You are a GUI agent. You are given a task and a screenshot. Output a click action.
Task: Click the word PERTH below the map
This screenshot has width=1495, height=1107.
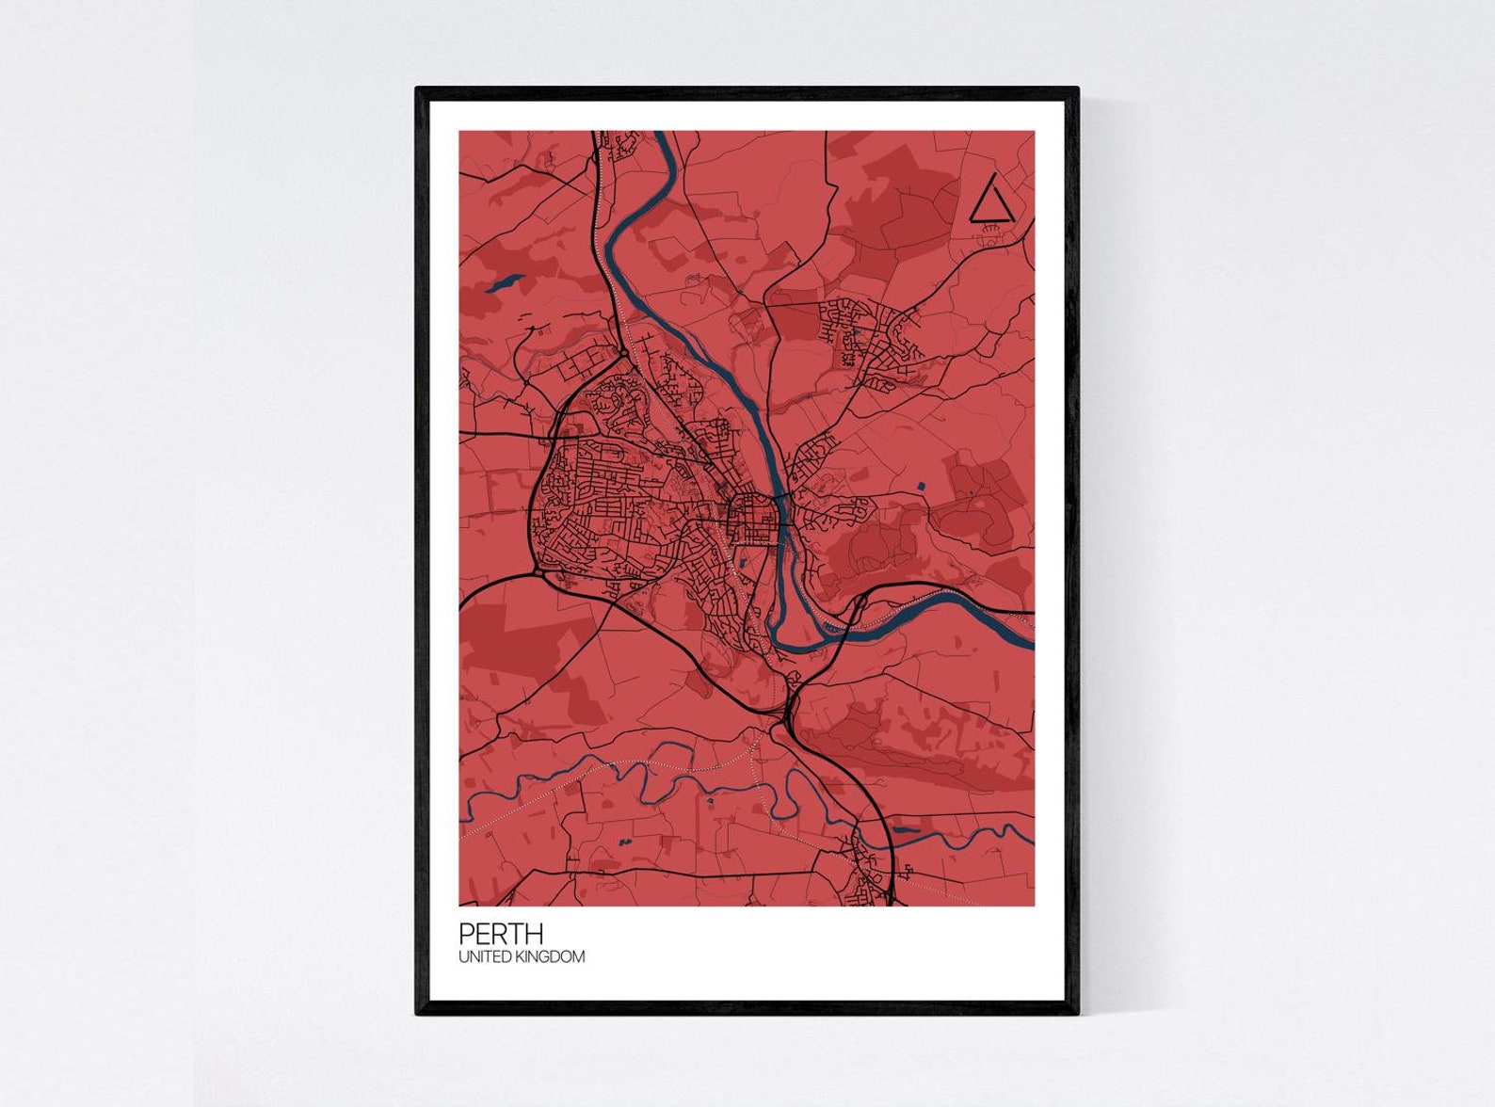click(x=501, y=934)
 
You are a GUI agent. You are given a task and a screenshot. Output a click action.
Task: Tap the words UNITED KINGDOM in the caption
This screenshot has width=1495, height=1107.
click(x=522, y=957)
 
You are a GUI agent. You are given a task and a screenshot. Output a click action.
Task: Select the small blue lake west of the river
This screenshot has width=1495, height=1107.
click(x=505, y=281)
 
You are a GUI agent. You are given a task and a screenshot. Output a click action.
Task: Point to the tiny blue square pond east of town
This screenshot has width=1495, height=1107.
click(x=921, y=486)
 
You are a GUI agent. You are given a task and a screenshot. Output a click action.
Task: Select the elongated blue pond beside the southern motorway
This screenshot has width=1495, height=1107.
click(x=905, y=830)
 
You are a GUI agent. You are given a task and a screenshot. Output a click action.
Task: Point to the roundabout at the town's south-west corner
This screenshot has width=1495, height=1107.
click(x=538, y=570)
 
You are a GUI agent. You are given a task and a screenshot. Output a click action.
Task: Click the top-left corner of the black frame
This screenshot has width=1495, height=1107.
click(x=418, y=89)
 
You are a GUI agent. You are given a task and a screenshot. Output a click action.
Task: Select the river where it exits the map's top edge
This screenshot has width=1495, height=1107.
click(x=662, y=137)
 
